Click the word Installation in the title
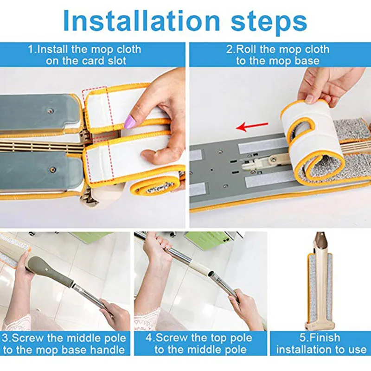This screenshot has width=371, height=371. pyautogui.click(x=142, y=21)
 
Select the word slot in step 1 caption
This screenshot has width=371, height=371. pyautogui.click(x=117, y=61)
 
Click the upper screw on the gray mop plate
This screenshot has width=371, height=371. pyautogui.click(x=51, y=111)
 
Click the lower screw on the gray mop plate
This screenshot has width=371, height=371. pyautogui.click(x=53, y=169)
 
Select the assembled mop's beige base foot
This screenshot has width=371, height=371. pyautogui.click(x=320, y=325)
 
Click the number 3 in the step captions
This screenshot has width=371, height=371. pyautogui.click(x=5, y=339)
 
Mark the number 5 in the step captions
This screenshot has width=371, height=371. pyautogui.click(x=303, y=338)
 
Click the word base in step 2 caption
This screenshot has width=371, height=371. pyautogui.click(x=307, y=61)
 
